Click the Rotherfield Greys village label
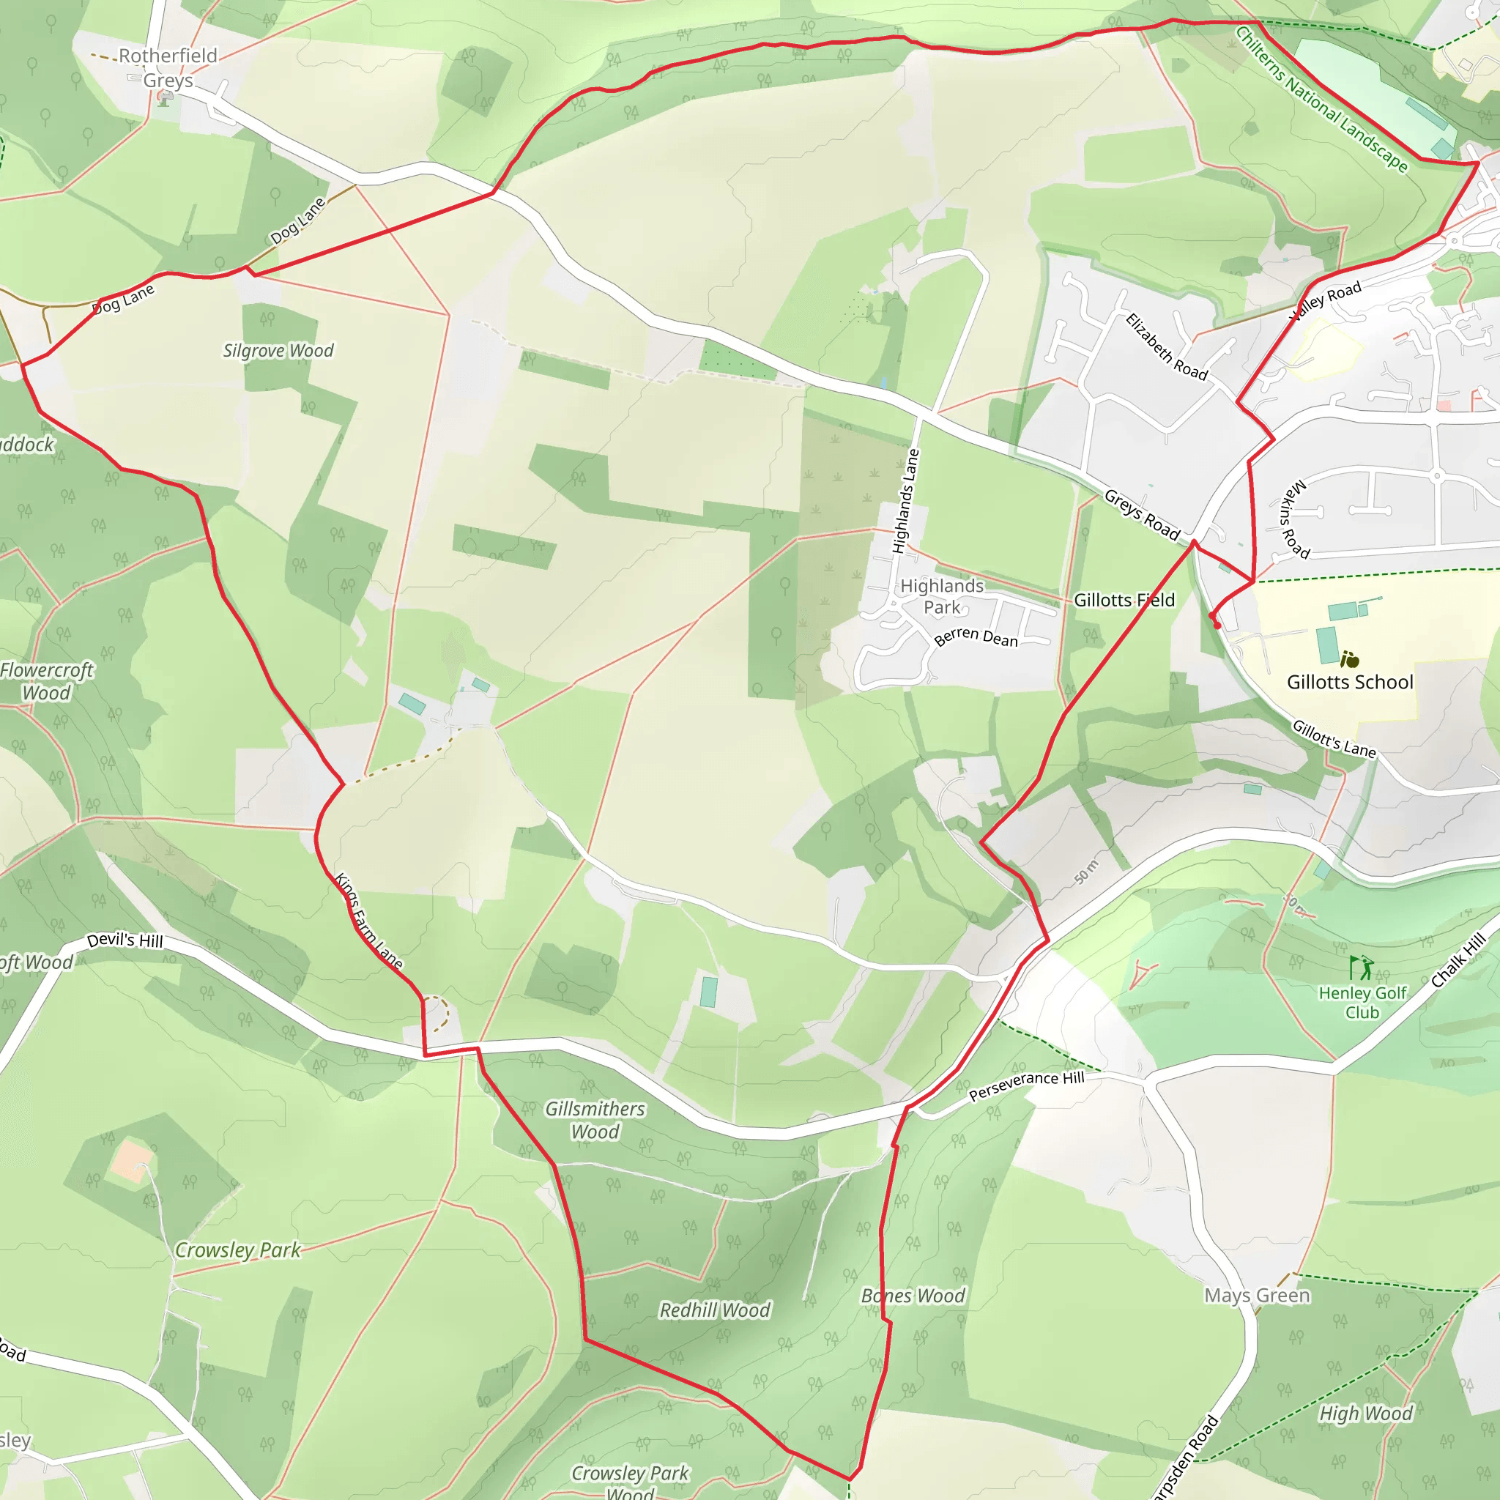pos(168,67)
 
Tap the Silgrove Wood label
pos(278,351)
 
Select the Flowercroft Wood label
pos(47,681)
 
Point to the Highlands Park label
pos(941,596)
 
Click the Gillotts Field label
pos(1124,600)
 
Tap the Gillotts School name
pos(1349,683)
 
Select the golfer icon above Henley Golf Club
pos(1361,968)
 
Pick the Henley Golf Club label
pos(1362,1003)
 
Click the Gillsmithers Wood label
pos(595,1121)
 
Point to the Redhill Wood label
pos(714,1310)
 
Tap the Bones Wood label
pos(913,1296)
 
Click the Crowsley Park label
pos(237,1250)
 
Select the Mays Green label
pos(1257,1295)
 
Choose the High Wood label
pos(1366,1414)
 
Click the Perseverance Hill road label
pos(1026,1085)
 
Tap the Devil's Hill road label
pos(125,940)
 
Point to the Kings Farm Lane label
pos(368,921)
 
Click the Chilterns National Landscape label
pos(1321,99)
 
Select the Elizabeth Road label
pos(1166,347)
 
